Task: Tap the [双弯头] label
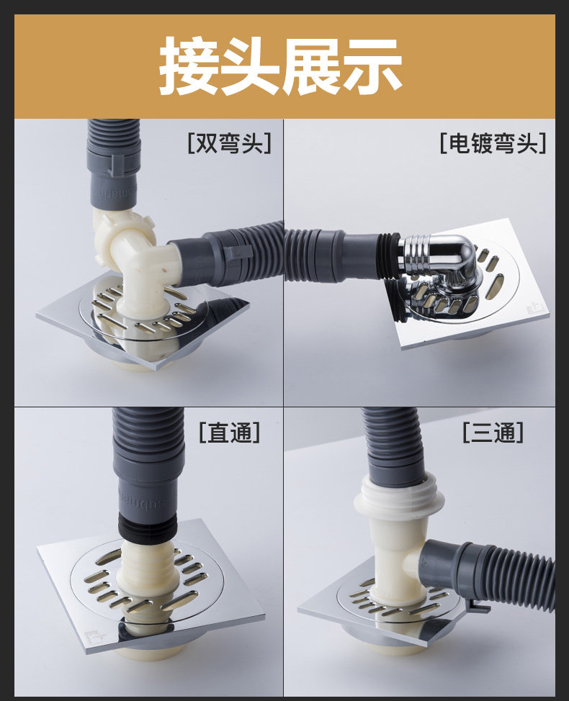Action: coord(230,143)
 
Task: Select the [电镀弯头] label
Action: coord(493,143)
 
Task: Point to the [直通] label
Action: coord(230,433)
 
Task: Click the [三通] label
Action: coord(493,433)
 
